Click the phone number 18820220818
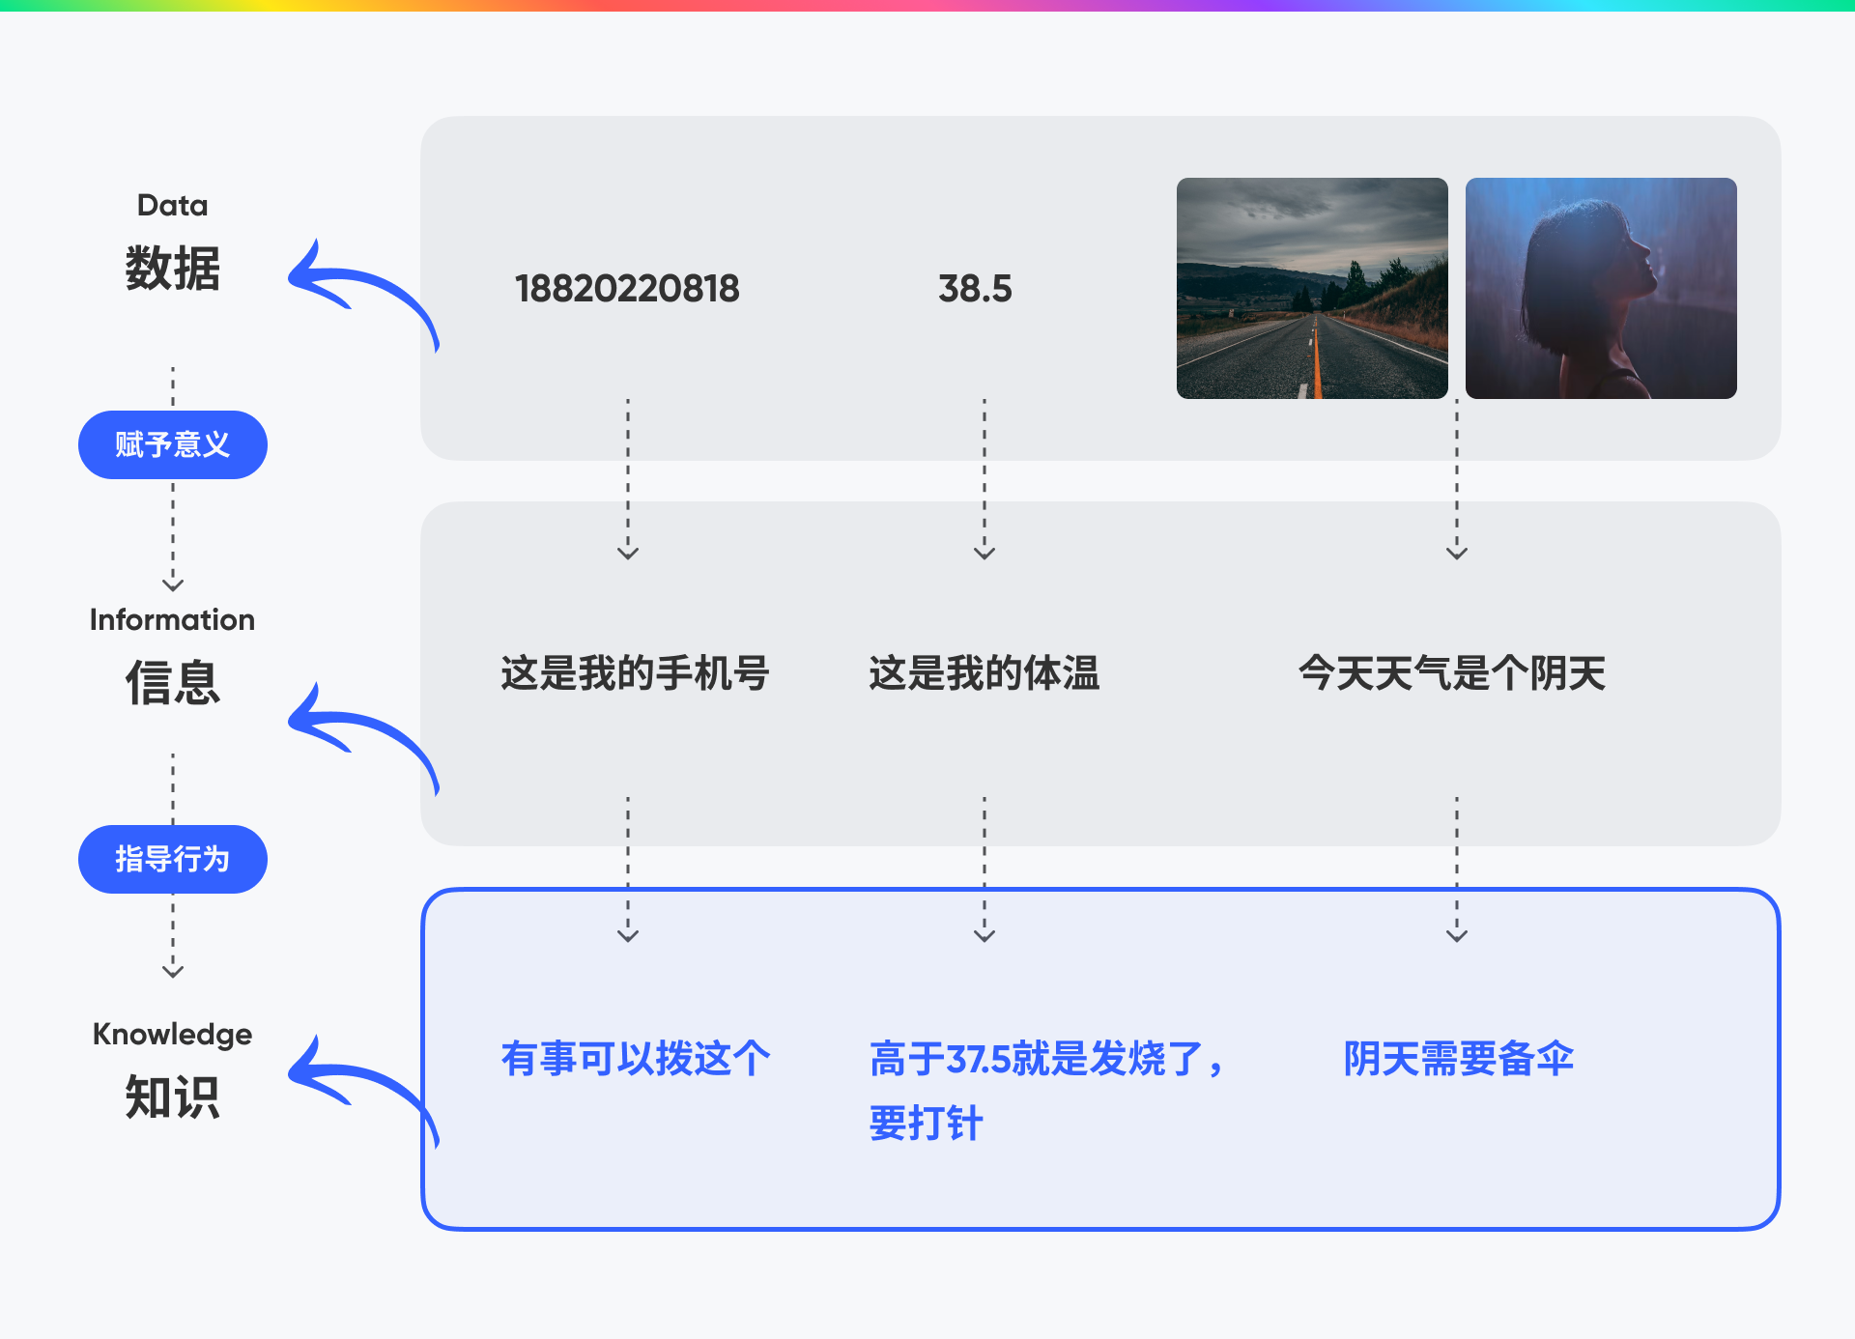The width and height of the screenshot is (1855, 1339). pyautogui.click(x=627, y=288)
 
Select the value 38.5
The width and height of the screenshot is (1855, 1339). pyautogui.click(x=975, y=288)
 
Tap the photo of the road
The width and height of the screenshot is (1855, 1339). pyautogui.click(x=1312, y=288)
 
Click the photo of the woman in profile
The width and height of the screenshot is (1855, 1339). pyautogui.click(x=1601, y=288)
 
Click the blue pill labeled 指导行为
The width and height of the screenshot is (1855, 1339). pyautogui.click(x=173, y=859)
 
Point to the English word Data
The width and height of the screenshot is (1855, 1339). pyautogui.click(x=173, y=205)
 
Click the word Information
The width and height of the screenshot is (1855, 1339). pyautogui.click(x=173, y=619)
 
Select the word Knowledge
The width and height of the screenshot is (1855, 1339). pyautogui.click(x=173, y=1035)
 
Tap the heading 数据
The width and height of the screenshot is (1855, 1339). pyautogui.click(x=173, y=268)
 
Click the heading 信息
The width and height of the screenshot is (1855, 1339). pyautogui.click(x=173, y=682)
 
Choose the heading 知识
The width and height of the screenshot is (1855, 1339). pyautogui.click(x=173, y=1097)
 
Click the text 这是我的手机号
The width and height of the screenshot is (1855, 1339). pyautogui.click(x=635, y=672)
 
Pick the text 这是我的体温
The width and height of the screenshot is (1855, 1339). pyautogui.click(x=985, y=672)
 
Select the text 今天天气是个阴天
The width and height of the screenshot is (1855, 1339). pyautogui.click(x=1452, y=672)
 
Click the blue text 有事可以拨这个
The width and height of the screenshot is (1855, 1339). pyautogui.click(x=636, y=1058)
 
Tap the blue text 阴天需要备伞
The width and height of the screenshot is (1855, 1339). pyautogui.click(x=1459, y=1058)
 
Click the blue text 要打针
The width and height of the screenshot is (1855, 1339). pyautogui.click(x=926, y=1123)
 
